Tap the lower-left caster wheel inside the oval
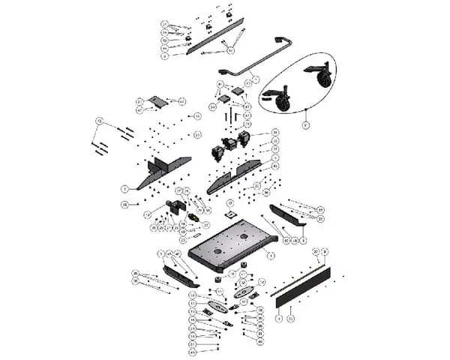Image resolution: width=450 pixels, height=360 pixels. point(283,103)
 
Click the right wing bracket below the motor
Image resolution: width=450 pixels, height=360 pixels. point(232,177)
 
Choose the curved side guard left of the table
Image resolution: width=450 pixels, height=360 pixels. point(180,274)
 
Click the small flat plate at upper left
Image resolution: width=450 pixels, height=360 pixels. point(157,101)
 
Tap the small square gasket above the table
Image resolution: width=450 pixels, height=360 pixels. point(231,214)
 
